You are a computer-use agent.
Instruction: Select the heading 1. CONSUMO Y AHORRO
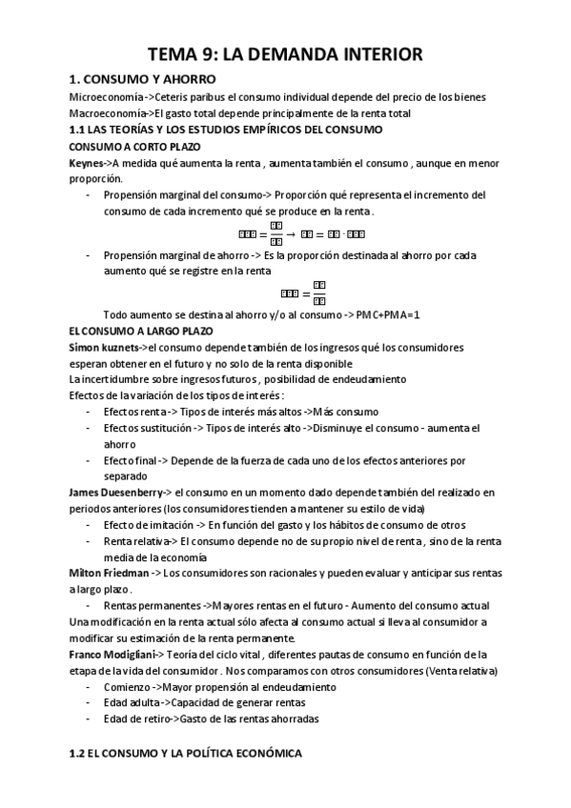(x=143, y=80)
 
